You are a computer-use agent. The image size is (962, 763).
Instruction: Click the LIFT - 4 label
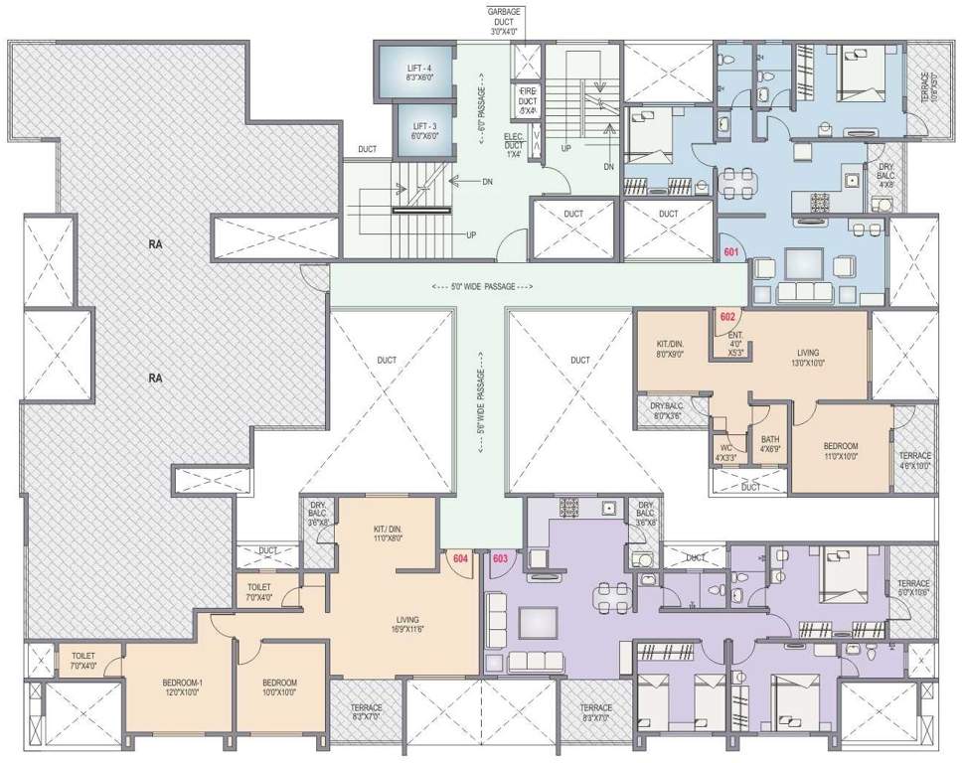tap(415, 72)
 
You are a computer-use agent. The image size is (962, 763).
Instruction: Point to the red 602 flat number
tap(727, 318)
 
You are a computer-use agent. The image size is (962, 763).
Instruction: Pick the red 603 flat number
tap(500, 559)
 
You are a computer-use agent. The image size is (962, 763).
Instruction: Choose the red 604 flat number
tap(460, 559)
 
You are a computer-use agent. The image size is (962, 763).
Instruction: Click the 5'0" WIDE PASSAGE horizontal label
tap(483, 287)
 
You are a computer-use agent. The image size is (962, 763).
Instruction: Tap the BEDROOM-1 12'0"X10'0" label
tap(181, 687)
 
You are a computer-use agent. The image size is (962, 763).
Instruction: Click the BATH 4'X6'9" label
tap(769, 444)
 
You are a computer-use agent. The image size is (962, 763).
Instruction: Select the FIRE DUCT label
tap(527, 99)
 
